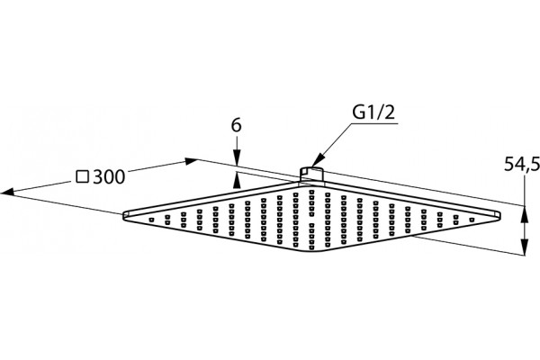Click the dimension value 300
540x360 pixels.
point(109,177)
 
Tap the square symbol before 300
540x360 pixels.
point(83,176)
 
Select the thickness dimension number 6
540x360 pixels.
point(236,125)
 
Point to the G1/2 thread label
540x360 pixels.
point(373,112)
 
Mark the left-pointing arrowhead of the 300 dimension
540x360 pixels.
point(7,193)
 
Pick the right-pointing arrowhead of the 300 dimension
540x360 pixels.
point(191,161)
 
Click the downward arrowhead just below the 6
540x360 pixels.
point(237,158)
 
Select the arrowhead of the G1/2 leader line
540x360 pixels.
point(317,161)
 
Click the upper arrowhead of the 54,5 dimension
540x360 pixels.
point(524,213)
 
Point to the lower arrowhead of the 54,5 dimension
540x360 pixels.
point(524,247)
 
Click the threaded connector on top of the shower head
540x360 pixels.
point(311,175)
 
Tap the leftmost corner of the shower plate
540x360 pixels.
point(123,215)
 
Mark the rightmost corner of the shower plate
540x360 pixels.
point(500,214)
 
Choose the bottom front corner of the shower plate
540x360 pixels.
point(311,252)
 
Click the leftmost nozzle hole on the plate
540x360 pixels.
point(151,220)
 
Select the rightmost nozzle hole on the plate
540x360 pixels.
point(472,220)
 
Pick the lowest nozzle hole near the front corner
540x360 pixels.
point(311,247)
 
